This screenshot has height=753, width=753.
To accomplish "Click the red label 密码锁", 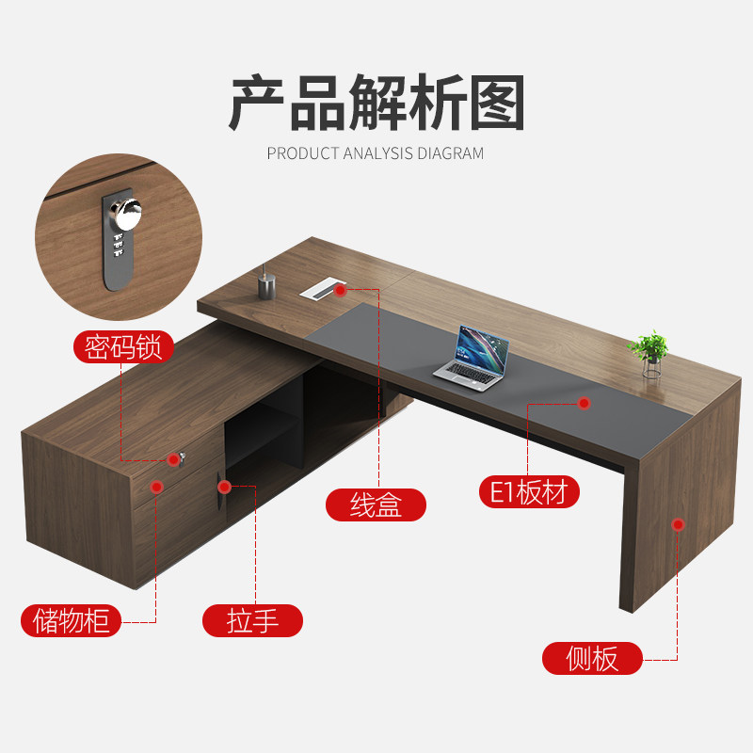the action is pyautogui.click(x=124, y=347).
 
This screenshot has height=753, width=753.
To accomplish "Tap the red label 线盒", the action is pyautogui.click(x=376, y=505).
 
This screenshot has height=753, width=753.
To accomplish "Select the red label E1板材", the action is pyautogui.click(x=528, y=491).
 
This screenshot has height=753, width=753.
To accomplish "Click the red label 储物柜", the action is pyautogui.click(x=72, y=620).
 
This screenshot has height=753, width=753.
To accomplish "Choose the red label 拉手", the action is pyautogui.click(x=252, y=620).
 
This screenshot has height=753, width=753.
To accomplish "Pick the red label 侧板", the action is pyautogui.click(x=593, y=658).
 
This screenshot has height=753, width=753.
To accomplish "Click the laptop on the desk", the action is pyautogui.click(x=473, y=355).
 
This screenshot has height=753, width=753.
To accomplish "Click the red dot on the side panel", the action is pyautogui.click(x=678, y=523).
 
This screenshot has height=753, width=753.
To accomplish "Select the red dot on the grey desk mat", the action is pyautogui.click(x=584, y=403).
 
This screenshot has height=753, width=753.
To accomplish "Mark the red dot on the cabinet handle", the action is pyautogui.click(x=225, y=486).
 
